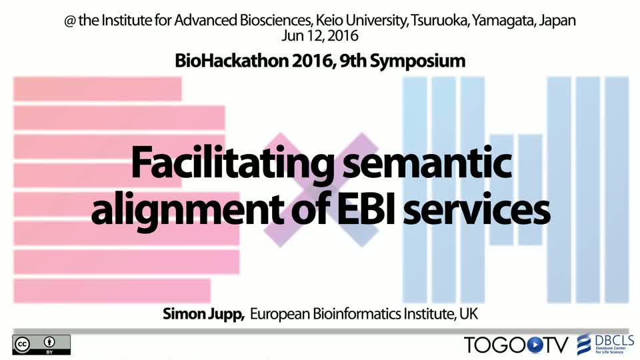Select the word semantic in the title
tap(427, 163)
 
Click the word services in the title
tap(477, 210)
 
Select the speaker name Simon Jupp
tap(203, 314)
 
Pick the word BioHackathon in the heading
tap(231, 61)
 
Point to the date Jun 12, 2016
tap(319, 35)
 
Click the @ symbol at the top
tap(70, 21)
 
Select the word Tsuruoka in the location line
tap(439, 20)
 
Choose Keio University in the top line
tap(361, 21)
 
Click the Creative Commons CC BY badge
tap(41, 345)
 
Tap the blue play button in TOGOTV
tap(535, 345)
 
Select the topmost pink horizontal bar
tap(97, 89)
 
